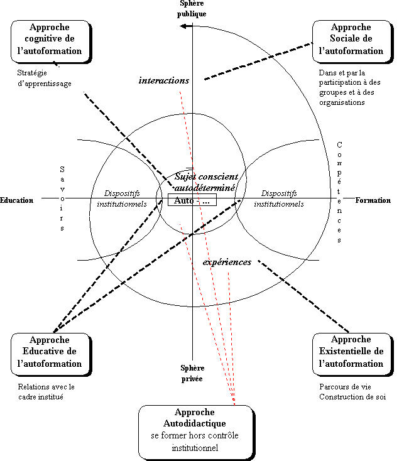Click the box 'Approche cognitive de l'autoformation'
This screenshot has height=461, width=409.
50,40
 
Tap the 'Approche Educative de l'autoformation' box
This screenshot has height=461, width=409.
50,353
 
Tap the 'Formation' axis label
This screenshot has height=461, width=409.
373,201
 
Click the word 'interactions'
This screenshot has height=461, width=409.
163,80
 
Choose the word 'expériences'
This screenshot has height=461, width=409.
227,262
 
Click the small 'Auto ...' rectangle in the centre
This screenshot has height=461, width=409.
192,201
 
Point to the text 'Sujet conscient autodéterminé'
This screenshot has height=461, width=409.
205,182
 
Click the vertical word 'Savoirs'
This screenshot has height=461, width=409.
62,198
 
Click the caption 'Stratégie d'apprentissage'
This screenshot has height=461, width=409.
44,79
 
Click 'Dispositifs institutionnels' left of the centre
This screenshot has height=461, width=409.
122,199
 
